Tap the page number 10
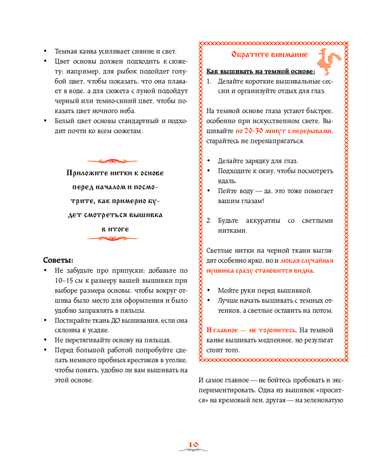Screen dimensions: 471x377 coord(193,444)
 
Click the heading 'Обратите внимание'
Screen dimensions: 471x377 coord(270,55)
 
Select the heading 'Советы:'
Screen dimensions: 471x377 coord(58,260)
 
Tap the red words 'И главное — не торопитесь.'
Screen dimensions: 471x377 coord(252,330)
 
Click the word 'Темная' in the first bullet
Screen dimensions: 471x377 coord(66,51)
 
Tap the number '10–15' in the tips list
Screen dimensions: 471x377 coord(64,280)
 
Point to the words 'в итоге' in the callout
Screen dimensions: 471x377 coord(115,228)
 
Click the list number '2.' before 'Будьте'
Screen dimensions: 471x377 coord(210,220)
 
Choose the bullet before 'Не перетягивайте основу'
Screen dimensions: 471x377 coord(45,340)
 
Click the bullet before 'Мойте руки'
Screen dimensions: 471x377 coord(209,290)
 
